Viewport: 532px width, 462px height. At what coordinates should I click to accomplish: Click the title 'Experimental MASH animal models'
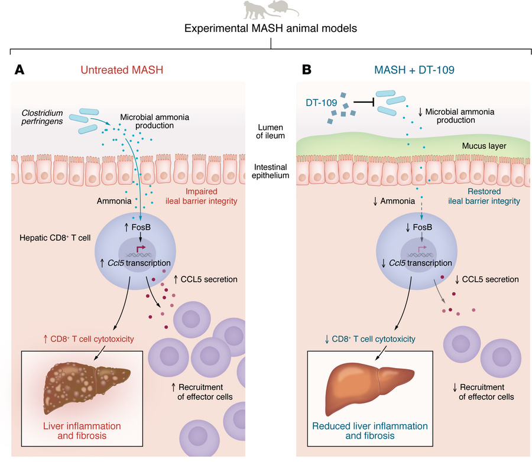[x=270, y=28]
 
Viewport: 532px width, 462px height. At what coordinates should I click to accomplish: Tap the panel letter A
[x=20, y=70]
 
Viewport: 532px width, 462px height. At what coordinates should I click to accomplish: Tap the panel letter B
[x=307, y=70]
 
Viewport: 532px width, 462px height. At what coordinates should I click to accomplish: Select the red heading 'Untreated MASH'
[x=122, y=70]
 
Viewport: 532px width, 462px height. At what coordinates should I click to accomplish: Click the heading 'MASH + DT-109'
[x=414, y=70]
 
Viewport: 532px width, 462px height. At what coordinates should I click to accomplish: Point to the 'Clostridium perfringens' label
[x=42, y=117]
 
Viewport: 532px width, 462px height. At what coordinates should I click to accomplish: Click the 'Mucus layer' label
[x=484, y=146]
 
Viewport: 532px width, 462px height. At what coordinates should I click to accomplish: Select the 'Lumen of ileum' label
[x=270, y=132]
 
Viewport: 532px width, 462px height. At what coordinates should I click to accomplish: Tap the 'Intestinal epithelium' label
[x=270, y=171]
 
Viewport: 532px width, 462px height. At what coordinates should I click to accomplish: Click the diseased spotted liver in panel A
[x=86, y=387]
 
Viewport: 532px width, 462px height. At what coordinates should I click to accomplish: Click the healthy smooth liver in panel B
[x=369, y=388]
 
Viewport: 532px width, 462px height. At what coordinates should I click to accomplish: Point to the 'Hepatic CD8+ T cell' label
[x=55, y=237]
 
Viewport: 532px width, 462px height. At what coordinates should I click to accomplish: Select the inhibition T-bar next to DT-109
[x=364, y=102]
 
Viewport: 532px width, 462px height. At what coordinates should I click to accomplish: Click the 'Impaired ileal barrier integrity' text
[x=201, y=196]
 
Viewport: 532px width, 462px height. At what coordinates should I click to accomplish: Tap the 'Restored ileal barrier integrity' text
[x=484, y=196]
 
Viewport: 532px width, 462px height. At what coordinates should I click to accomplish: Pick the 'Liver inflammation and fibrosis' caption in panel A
[x=82, y=431]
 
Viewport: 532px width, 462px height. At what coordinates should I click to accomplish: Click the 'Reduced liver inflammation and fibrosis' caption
[x=370, y=431]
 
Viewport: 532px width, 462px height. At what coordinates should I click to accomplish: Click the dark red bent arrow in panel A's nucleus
[x=141, y=248]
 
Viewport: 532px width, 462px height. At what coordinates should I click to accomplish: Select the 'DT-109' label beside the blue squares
[x=322, y=102]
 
